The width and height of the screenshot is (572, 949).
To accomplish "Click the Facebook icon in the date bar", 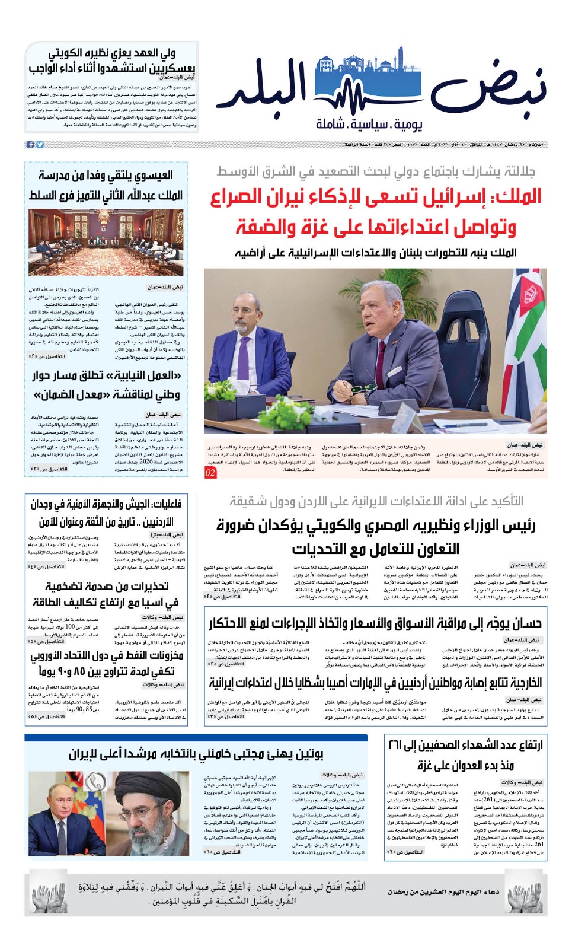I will click(x=30, y=145).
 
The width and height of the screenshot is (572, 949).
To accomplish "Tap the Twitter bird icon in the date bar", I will click(x=40, y=145).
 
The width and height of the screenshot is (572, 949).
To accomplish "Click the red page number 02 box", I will click(x=210, y=473).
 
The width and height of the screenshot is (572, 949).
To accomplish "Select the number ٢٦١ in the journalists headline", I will click(x=395, y=745).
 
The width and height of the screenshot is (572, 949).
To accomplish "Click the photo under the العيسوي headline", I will click(x=106, y=242).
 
